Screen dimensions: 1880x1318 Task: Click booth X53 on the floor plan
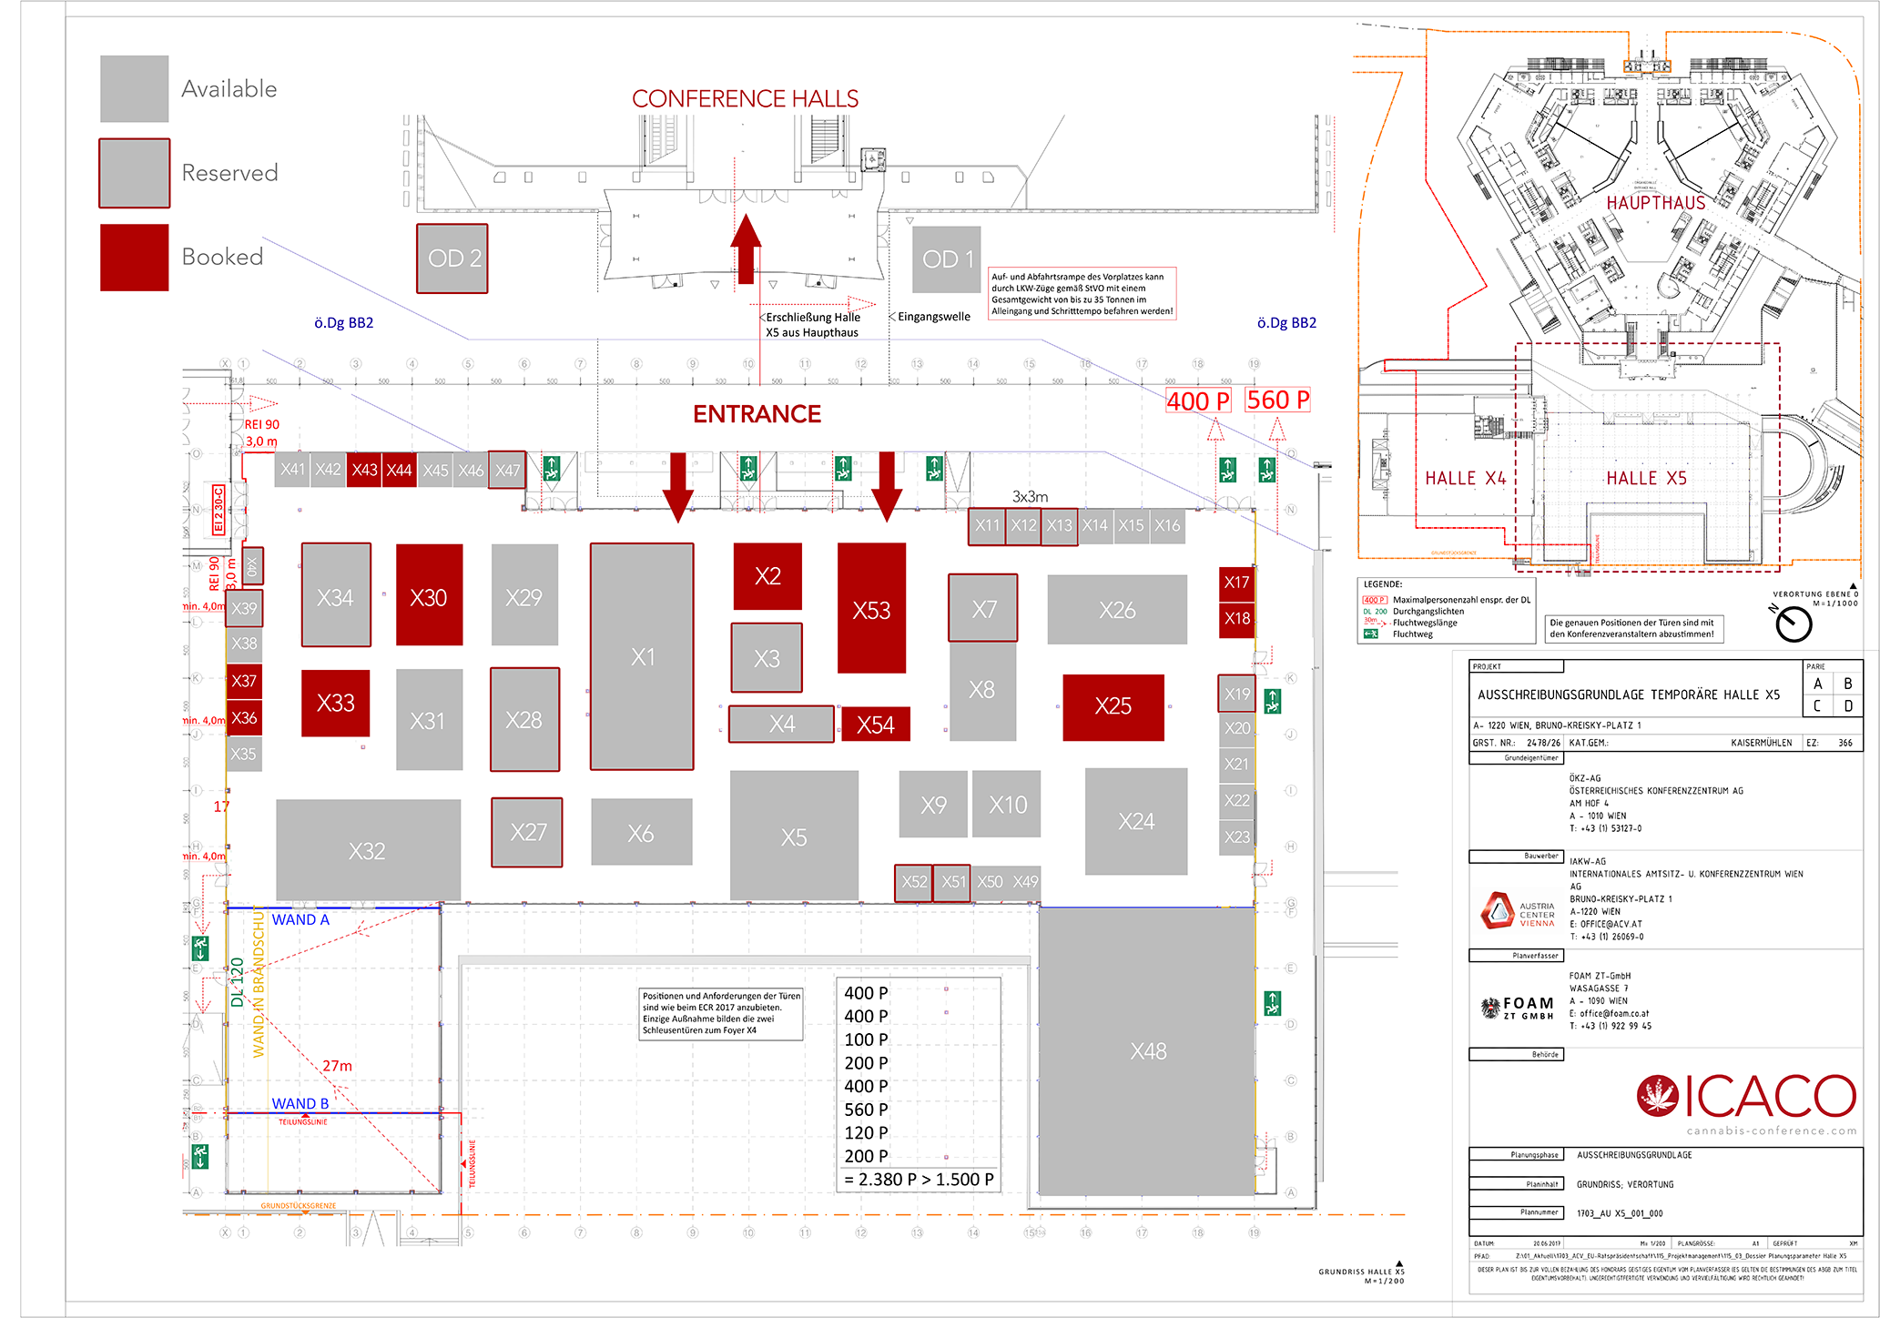[871, 608]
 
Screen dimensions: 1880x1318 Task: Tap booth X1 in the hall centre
[642, 656]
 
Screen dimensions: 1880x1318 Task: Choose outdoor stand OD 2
[452, 259]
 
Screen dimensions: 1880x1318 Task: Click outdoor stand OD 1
[947, 259]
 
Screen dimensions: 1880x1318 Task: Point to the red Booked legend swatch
[135, 258]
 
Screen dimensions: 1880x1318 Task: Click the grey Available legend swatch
[135, 88]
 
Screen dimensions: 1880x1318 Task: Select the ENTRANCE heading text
[757, 414]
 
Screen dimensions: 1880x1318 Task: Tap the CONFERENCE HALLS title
[745, 98]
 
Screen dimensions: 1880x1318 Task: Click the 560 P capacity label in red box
[1277, 400]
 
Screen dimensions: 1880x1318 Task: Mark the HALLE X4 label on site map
[1465, 479]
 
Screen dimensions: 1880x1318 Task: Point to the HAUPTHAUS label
[1655, 203]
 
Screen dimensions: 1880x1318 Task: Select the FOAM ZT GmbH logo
[1518, 1007]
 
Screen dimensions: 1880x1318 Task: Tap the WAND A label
[300, 920]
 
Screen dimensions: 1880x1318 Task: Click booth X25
[1113, 706]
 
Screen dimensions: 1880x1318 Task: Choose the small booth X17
[1236, 583]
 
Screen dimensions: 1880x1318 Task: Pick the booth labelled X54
[875, 725]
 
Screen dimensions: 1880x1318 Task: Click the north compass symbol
[1794, 624]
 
